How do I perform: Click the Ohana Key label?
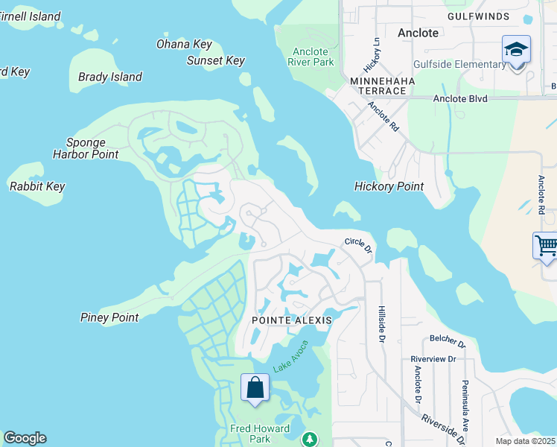(184, 45)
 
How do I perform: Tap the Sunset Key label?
(215, 61)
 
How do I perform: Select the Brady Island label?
(110, 77)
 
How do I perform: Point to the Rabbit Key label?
(37, 186)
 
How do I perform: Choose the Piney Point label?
(109, 317)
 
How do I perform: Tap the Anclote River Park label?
(311, 57)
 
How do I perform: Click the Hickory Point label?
(389, 186)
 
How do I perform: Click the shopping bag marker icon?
(255, 387)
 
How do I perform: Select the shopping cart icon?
(546, 245)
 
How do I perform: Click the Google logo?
(25, 438)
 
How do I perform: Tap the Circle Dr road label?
(357, 244)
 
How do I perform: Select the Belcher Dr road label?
(447, 344)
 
